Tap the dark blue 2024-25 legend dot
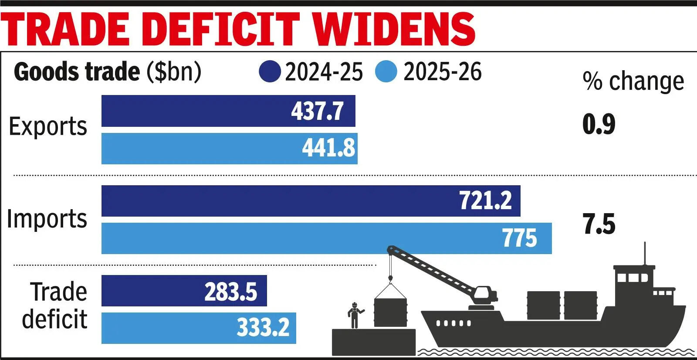coord(270,72)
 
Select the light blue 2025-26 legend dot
coord(386,72)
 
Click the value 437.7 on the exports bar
coord(317,111)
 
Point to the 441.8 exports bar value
coord(328,148)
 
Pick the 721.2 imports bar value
coord(485,201)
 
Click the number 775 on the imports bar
coord(519,238)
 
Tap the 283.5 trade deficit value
coord(230,291)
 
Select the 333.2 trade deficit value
coord(263,327)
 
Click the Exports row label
coord(48,127)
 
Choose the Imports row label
coord(47,219)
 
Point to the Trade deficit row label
coord(55,305)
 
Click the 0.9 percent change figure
coord(599,124)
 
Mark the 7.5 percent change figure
coord(599,224)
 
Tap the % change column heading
coord(633,82)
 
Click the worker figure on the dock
coord(355,315)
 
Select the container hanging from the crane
coord(390,311)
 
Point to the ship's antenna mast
coord(645,254)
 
